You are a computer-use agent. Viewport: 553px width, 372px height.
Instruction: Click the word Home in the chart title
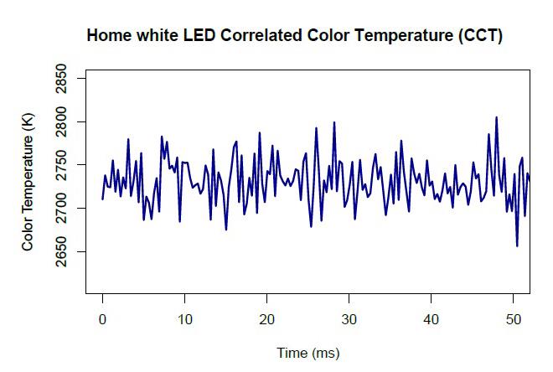[109, 35]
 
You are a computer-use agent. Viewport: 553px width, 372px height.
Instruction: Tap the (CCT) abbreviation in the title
[481, 36]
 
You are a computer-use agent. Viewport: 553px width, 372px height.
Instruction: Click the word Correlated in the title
[261, 35]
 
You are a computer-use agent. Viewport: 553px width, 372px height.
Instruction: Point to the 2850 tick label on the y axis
[61, 78]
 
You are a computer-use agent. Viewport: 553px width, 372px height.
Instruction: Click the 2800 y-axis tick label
[61, 122]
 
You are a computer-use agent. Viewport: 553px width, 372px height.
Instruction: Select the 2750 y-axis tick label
[61, 165]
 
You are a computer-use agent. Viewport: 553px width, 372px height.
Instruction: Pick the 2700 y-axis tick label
[61, 209]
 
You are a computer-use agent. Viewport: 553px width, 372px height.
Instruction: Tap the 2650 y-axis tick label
[61, 251]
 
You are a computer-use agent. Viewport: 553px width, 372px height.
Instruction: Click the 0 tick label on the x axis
[102, 319]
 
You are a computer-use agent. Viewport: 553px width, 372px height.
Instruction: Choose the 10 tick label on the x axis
[185, 319]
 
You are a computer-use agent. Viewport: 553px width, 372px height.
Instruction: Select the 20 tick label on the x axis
[267, 319]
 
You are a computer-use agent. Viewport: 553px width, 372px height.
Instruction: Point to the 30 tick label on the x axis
[349, 319]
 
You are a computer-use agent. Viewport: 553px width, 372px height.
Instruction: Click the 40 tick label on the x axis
[431, 319]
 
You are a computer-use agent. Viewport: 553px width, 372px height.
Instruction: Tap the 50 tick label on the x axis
[513, 319]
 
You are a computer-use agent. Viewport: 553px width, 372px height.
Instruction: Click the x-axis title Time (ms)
[308, 353]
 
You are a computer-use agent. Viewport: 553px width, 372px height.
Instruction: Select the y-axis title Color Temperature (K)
[28, 182]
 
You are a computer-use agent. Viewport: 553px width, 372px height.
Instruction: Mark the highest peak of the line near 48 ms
[497, 117]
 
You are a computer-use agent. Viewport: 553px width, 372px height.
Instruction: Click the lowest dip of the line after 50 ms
[517, 246]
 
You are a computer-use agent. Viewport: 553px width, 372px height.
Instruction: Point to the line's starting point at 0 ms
[102, 199]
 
